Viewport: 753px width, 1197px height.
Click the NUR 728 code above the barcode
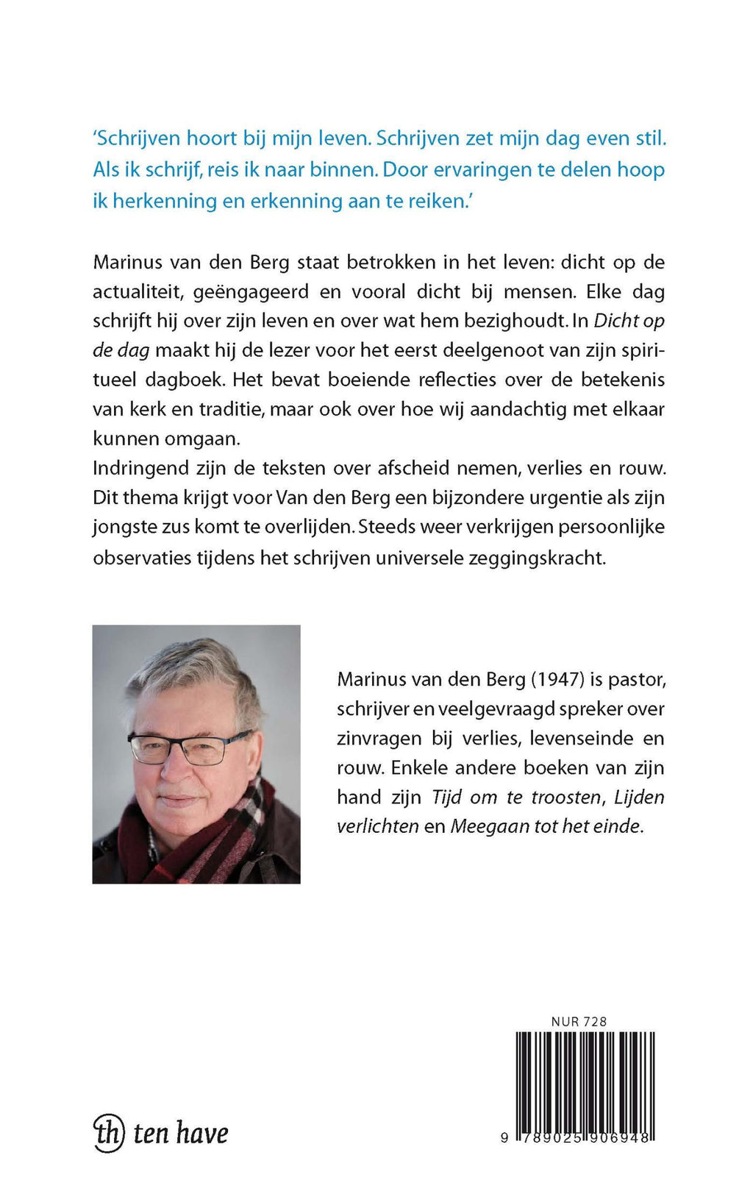[x=579, y=1021]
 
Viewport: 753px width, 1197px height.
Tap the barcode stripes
[x=585, y=1081]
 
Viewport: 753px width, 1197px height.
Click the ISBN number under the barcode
[x=577, y=1137]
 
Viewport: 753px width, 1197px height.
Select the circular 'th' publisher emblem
[x=108, y=1132]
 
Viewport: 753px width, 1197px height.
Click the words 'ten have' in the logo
[x=180, y=1133]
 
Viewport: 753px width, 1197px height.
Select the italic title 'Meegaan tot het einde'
[x=546, y=826]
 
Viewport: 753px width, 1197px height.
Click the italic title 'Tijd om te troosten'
[x=516, y=797]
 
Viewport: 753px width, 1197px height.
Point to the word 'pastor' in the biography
[x=637, y=679]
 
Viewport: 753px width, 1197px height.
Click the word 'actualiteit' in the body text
[x=137, y=292]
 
